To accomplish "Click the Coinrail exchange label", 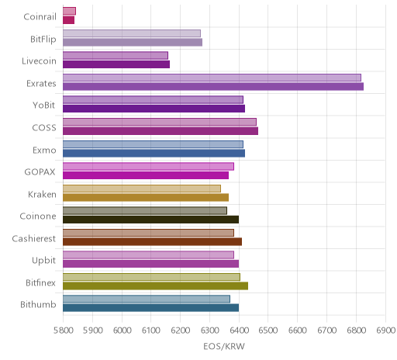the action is (x=40, y=17).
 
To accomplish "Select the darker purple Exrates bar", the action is (x=213, y=87).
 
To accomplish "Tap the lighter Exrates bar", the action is (x=212, y=78).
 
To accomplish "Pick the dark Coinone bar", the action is (x=150, y=220).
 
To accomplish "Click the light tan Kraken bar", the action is (x=142, y=189).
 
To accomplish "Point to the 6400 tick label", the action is (x=239, y=331).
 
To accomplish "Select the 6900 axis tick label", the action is (x=386, y=331).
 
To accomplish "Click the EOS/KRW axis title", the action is (x=224, y=347).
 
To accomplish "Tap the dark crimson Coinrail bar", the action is (x=68, y=20).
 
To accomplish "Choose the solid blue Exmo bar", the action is (x=154, y=153).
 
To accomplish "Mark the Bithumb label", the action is (x=38, y=305).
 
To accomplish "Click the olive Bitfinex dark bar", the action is (x=155, y=286).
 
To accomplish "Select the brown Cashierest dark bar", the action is (x=152, y=241).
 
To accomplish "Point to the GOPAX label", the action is (x=40, y=172).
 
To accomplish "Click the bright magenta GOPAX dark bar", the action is (x=146, y=175).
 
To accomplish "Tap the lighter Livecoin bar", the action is (x=116, y=55).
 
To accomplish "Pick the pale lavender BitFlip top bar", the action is (x=132, y=33).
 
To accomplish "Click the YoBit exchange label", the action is (x=44, y=106).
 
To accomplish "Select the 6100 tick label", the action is (x=151, y=331).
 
